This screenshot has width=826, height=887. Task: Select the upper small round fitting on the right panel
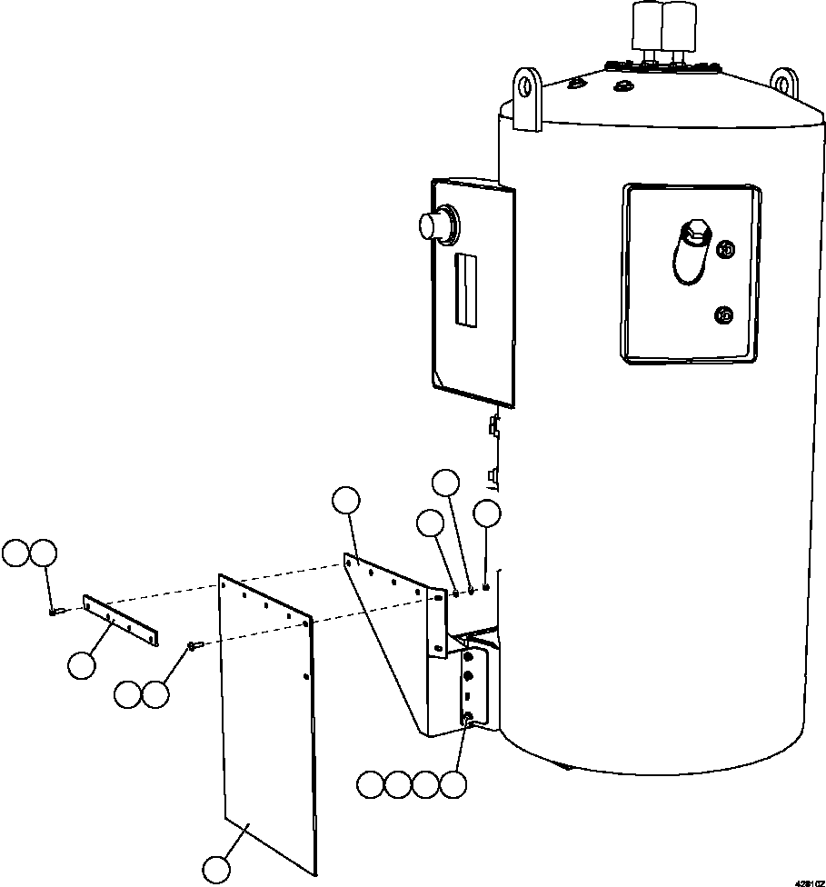pos(725,249)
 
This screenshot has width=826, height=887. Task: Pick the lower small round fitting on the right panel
pos(724,314)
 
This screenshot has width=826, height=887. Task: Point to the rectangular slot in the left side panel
pos(465,289)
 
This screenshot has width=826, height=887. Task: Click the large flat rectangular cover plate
pos(268,718)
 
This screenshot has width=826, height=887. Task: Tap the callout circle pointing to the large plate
pos(216,870)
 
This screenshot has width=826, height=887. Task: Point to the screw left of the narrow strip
pos(55,612)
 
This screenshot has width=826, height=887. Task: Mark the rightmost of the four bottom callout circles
pos(453,784)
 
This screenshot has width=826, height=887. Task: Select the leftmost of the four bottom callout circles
pos(370,784)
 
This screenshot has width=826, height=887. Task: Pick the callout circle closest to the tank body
pos(488,514)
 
